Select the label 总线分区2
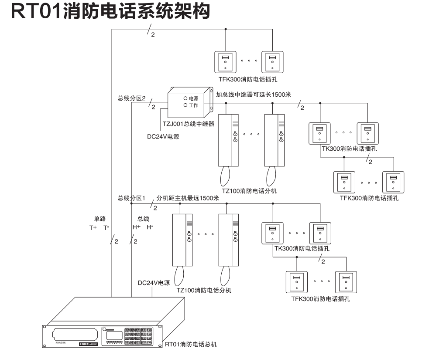pos(131,98)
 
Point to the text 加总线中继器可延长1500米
pos(254,93)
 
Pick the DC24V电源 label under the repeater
pos(163,136)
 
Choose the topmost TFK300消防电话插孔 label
pos(248,80)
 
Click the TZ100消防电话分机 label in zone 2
pos(249,191)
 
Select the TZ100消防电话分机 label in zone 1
pos(204,291)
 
